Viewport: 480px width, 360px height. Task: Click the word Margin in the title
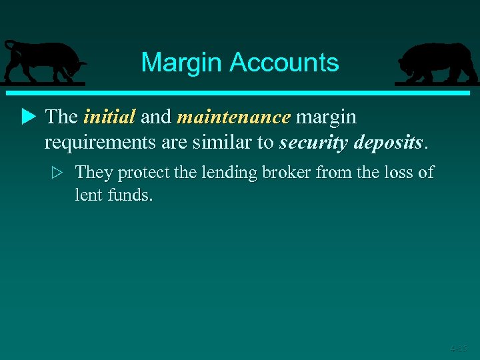(182, 63)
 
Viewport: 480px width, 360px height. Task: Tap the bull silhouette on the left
(44, 63)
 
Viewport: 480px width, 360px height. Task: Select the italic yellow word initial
(109, 117)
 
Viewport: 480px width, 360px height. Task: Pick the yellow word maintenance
(233, 117)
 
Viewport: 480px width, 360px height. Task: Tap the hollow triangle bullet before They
(57, 173)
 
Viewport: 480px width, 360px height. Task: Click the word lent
(87, 195)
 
